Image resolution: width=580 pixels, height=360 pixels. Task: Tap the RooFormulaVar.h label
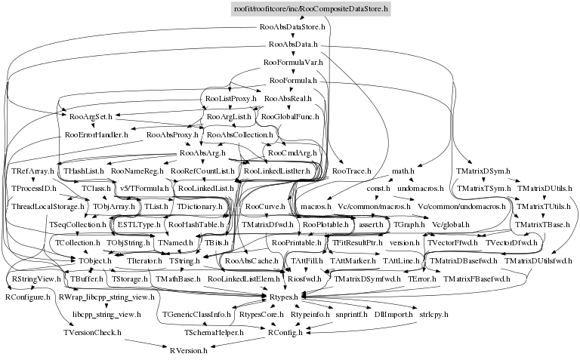(293, 62)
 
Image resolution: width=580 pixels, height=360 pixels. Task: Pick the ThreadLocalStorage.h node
(48, 206)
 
